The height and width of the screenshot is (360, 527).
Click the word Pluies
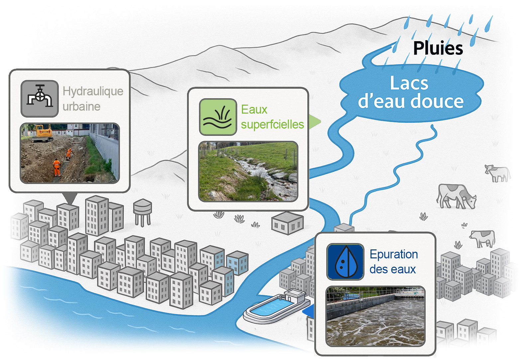pos(438,48)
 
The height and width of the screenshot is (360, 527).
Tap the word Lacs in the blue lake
pos(409,83)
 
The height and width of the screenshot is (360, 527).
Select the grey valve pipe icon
pos(40,99)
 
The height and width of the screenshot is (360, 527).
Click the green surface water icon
pos(218,117)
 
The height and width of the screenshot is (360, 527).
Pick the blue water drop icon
pos(346,262)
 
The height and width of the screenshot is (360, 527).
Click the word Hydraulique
pos(93,91)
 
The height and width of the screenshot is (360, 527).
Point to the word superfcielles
pos(272,124)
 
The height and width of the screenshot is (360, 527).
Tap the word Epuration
pos(394,254)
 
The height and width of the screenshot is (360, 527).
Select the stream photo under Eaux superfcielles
pos(248,171)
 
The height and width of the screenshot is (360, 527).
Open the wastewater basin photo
pos(375,316)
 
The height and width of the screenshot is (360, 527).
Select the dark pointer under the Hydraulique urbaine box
pos(70,198)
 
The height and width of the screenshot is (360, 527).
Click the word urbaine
pos(81,107)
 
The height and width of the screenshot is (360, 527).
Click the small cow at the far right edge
pos(497,173)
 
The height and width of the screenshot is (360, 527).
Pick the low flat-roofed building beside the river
pos(287,223)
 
